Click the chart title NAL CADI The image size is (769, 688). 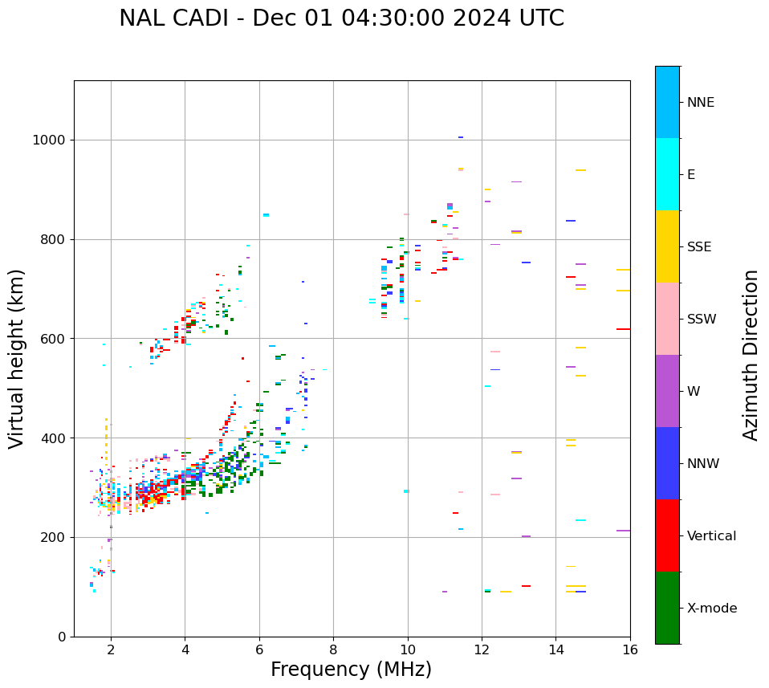pos(341,18)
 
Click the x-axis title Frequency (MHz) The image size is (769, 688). pos(351,670)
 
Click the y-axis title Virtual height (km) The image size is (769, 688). pos(17,358)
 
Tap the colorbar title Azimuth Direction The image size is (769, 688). pos(751,355)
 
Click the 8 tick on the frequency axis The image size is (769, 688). pos(333,649)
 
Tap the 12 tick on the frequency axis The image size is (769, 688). pos(482,649)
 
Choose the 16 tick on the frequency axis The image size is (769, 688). pos(630,649)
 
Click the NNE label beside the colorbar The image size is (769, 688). pos(701,103)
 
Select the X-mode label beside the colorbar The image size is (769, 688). pos(712,609)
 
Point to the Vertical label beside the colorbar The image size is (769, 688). pos(711,536)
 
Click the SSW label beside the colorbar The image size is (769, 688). pos(702,320)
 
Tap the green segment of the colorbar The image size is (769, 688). pos(667,608)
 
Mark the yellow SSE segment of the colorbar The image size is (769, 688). pos(667,246)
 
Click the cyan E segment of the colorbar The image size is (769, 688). pos(667,174)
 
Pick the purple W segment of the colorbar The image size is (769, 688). pos(667,391)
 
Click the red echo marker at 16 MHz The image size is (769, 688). pos(623,329)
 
